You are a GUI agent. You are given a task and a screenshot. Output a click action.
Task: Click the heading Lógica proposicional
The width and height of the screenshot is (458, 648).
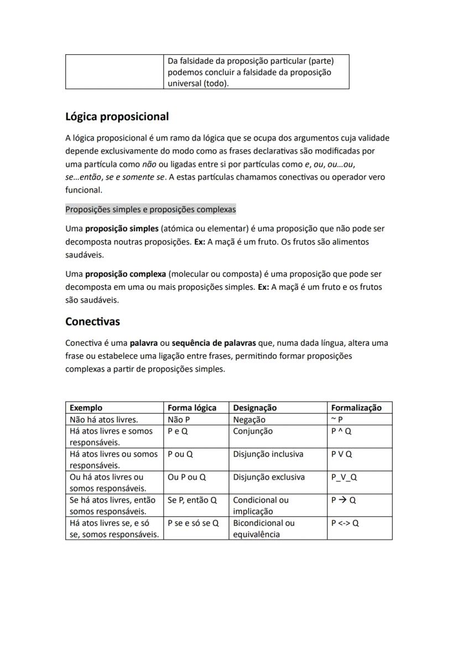click(x=117, y=117)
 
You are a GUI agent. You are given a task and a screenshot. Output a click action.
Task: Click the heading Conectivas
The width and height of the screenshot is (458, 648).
click(x=92, y=322)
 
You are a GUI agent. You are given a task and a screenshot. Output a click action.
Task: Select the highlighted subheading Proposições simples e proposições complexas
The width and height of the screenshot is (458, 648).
click(x=150, y=209)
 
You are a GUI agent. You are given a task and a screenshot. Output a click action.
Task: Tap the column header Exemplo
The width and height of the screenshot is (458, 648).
click(x=86, y=408)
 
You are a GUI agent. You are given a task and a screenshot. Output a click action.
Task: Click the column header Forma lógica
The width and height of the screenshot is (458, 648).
click(x=192, y=408)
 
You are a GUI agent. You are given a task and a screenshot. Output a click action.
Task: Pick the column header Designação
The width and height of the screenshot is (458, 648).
click(x=254, y=408)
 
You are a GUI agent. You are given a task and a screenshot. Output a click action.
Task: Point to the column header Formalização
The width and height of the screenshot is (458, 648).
click(x=356, y=408)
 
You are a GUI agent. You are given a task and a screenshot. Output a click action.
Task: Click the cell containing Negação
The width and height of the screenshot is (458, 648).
click(x=249, y=419)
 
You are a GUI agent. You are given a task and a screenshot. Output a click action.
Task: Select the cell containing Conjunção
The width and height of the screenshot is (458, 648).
click(x=253, y=431)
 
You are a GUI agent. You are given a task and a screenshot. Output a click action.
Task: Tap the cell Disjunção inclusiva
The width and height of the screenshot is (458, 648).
click(x=268, y=454)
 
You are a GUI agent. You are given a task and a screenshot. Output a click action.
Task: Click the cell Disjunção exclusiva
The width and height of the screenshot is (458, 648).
click(x=268, y=477)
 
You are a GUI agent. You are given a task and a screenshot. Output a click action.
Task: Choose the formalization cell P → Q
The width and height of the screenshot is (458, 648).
click(x=343, y=500)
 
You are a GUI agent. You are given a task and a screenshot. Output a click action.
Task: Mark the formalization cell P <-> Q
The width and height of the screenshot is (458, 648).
click(x=345, y=523)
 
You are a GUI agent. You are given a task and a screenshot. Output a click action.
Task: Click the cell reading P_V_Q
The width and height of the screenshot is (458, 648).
click(x=344, y=477)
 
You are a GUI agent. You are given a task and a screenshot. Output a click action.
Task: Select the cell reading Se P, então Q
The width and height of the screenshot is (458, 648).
click(x=192, y=500)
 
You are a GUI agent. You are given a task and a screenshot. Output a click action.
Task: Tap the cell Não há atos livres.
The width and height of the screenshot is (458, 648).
click(x=103, y=419)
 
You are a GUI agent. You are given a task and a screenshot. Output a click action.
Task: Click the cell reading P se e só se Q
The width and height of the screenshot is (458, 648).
click(x=193, y=523)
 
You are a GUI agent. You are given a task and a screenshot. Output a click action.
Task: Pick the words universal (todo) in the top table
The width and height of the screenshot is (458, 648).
click(x=198, y=84)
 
